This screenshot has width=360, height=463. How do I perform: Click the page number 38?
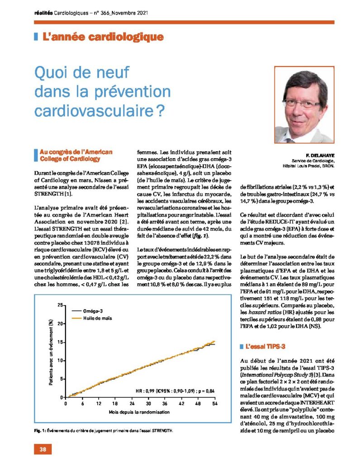pos(43,449)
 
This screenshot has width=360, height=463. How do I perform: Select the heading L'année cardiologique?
pos(103,37)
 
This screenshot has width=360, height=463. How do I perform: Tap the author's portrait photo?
pos(304,104)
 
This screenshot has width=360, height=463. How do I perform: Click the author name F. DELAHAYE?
pos(320,156)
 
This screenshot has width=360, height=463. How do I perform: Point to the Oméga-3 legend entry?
pos(88,311)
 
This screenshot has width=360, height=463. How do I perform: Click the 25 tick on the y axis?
pos(60,305)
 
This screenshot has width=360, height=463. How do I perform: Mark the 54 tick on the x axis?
pos(215,404)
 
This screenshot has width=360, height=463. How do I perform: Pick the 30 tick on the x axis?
pos(148,404)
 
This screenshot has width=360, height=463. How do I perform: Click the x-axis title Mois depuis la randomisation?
pos(139,412)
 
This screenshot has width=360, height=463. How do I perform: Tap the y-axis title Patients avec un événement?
pos(51,352)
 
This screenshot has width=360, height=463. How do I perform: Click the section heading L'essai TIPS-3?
pos(265,346)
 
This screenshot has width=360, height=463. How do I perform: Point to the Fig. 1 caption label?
pos(39,430)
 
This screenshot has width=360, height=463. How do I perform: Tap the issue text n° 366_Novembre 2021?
pos(121,13)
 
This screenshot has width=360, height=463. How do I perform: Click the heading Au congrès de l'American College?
pos(76,156)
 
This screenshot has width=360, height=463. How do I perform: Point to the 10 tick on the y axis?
pos(60,360)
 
